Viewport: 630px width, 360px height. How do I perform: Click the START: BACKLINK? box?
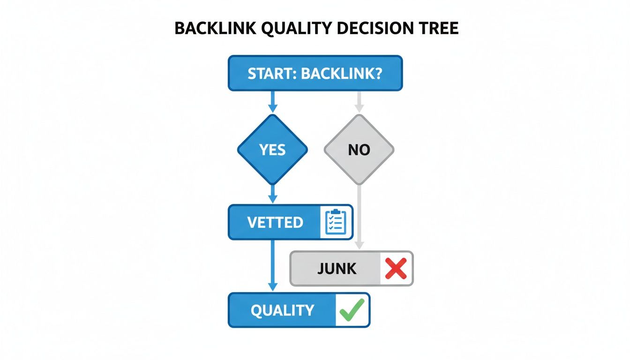click(315, 73)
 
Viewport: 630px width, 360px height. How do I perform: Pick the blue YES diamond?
click(272, 150)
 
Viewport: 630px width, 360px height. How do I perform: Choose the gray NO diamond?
click(359, 150)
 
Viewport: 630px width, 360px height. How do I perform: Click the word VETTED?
click(275, 222)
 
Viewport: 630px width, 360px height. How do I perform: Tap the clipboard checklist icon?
click(336, 222)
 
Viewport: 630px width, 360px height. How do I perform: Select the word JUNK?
click(337, 269)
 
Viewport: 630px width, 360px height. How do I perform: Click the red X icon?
click(396, 269)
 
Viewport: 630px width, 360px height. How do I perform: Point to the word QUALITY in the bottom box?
click(282, 310)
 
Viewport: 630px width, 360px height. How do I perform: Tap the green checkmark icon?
click(352, 310)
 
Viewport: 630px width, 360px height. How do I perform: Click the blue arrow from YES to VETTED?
click(272, 194)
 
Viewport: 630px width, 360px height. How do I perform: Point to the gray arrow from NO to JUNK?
click(359, 216)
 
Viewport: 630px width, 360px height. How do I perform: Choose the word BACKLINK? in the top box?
click(339, 73)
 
